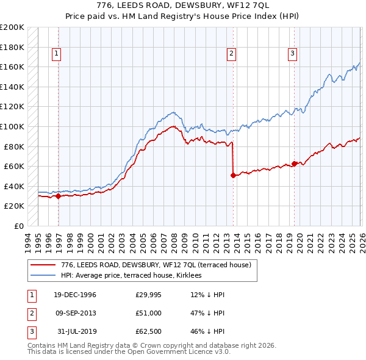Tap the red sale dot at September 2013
click(233, 175)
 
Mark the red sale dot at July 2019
click(294, 164)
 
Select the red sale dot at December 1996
click(59, 196)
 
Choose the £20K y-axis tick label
click(15, 206)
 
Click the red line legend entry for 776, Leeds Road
click(143, 265)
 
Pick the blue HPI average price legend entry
click(134, 276)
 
